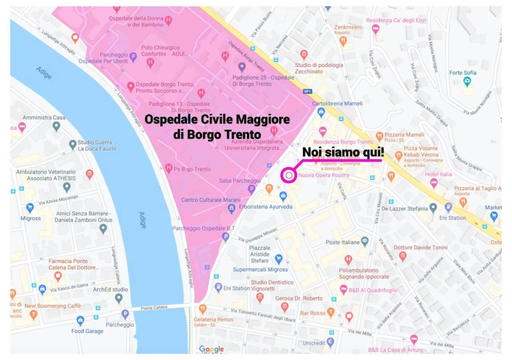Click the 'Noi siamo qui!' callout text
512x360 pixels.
[x=343, y=152]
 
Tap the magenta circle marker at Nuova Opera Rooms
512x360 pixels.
[x=289, y=175]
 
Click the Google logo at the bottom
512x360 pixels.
[x=211, y=349]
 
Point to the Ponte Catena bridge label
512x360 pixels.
[x=154, y=307]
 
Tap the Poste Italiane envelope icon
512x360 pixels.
[x=364, y=242]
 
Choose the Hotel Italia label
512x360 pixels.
[x=438, y=174]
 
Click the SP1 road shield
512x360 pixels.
[x=307, y=91]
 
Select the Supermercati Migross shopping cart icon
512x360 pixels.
[x=279, y=258]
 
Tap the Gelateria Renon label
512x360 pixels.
[x=213, y=320]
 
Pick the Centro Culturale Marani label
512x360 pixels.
[x=211, y=200]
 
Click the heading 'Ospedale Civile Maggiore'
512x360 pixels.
[x=217, y=119]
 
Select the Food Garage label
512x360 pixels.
[x=87, y=331]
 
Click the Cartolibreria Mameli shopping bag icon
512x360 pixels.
[x=321, y=112]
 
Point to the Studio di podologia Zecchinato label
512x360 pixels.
[x=319, y=68]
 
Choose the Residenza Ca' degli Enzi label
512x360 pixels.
[x=396, y=20]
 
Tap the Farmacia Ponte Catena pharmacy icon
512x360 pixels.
[x=58, y=276]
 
